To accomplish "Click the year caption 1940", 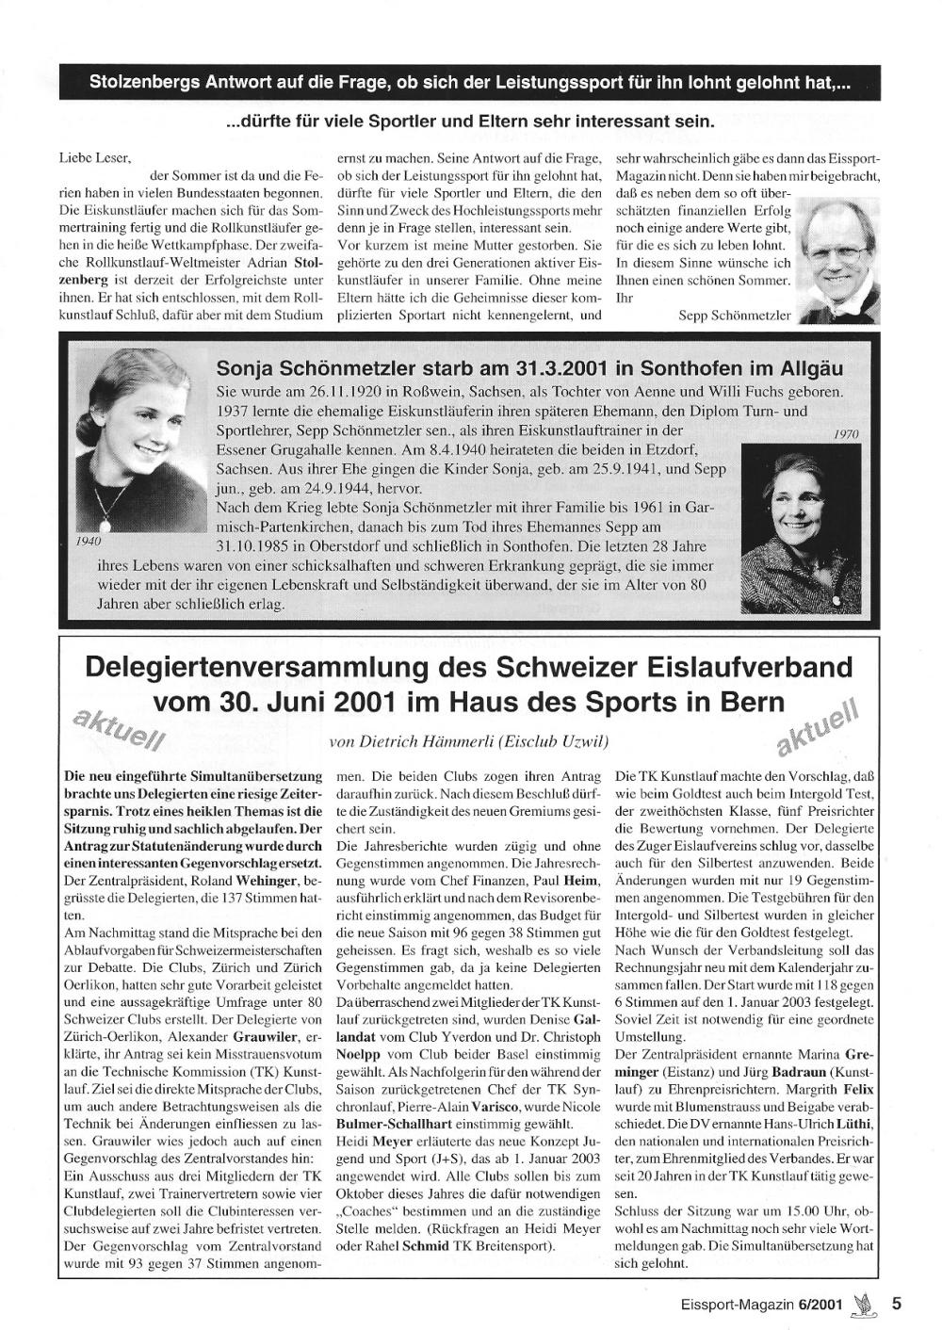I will pyautogui.click(x=89, y=542).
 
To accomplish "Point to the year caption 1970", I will pyautogui.click(x=846, y=434).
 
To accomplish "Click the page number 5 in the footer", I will pyautogui.click(x=896, y=1304).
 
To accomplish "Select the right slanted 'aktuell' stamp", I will pyautogui.click(x=817, y=726).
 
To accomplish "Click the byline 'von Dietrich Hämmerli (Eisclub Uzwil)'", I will pyautogui.click(x=469, y=742).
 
